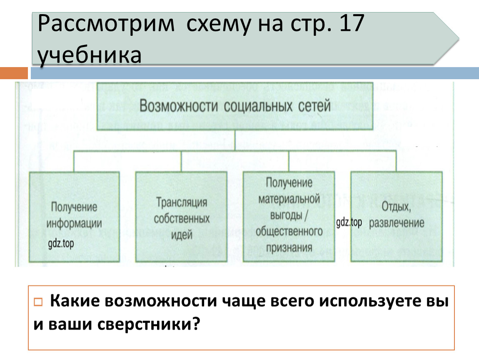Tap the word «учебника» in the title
point(90,55)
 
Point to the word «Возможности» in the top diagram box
point(179,105)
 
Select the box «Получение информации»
point(75,216)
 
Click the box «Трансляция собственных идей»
point(182,216)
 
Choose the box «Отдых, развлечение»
point(397,216)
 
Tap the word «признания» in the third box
point(289,248)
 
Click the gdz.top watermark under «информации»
point(61,243)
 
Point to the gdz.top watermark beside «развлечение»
point(349,222)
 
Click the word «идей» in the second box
point(182,235)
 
